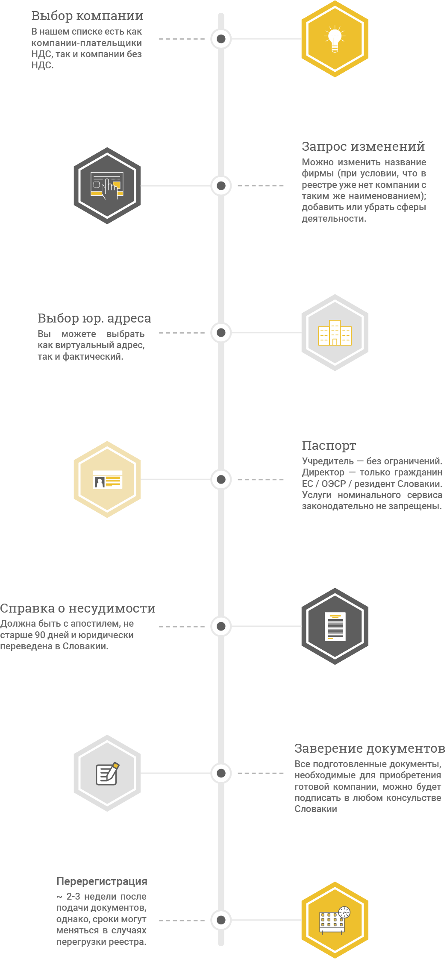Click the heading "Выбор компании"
(87, 16)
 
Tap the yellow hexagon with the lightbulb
(335, 39)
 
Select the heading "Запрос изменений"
(363, 147)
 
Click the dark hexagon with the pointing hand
(107, 186)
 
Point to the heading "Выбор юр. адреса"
(94, 318)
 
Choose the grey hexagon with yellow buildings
(335, 332)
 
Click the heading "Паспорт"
(329, 446)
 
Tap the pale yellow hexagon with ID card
(107, 479)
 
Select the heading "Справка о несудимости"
(78, 608)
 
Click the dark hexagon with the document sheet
(335, 626)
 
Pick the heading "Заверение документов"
(370, 748)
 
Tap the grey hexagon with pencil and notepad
(107, 773)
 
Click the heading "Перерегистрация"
(102, 881)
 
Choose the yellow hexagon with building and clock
(335, 920)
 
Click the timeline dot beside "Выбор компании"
(221, 39)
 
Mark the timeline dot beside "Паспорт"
(221, 479)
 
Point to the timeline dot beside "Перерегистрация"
(221, 920)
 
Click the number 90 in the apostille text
(40, 635)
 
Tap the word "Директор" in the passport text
(323, 472)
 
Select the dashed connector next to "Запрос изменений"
(261, 186)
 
